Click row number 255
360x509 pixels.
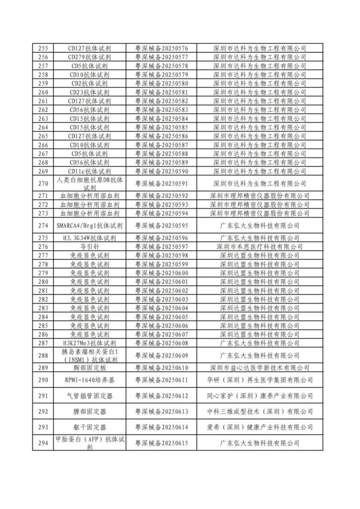43,48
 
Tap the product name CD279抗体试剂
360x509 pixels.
89,57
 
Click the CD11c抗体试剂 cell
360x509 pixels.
89,171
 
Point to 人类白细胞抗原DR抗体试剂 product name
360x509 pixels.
89,184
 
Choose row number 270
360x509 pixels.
43,184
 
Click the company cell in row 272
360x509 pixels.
260,204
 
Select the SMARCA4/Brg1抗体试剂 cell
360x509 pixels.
89,225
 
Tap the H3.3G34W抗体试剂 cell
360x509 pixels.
89,238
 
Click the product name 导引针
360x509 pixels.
89,247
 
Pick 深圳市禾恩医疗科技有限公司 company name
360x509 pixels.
260,247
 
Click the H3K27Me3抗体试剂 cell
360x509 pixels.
89,343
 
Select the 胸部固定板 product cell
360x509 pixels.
89,368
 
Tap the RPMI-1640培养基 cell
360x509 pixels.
89,380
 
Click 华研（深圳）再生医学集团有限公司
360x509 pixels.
260,380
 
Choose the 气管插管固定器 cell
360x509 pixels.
89,396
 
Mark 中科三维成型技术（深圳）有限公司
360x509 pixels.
260,411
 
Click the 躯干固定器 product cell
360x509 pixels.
89,427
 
